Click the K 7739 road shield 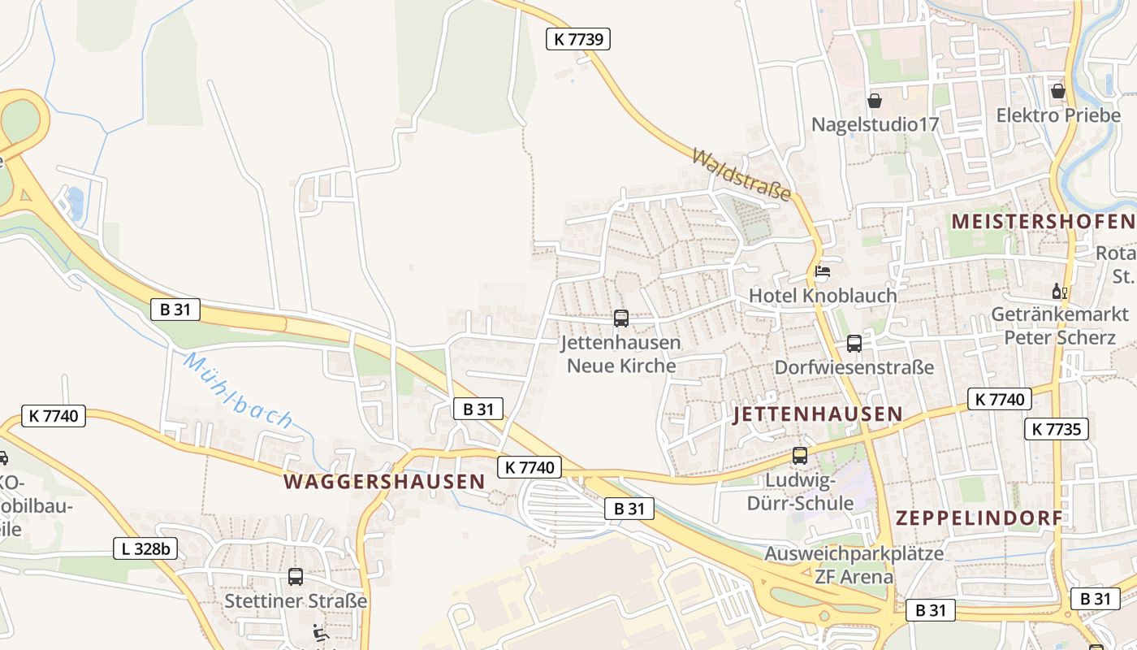click(577, 38)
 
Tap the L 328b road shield click(145, 548)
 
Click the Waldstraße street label click(741, 174)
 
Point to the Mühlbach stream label click(237, 390)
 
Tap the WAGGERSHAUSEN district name click(384, 481)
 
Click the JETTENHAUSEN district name click(817, 414)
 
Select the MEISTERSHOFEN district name click(1043, 221)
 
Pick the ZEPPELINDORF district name click(979, 518)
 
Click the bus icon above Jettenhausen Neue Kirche click(621, 318)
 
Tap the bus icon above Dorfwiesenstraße click(854, 344)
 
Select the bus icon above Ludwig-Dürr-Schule click(800, 456)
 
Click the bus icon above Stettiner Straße click(296, 577)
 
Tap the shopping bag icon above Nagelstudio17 click(875, 101)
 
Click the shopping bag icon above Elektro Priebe click(1057, 91)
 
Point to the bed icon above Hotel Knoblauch click(823, 271)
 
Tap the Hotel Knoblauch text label click(823, 296)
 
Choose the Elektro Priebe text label click(1058, 115)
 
